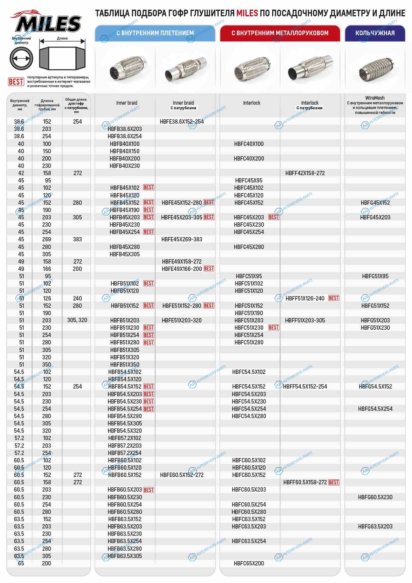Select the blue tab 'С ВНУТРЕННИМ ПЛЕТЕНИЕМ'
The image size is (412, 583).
[155, 33]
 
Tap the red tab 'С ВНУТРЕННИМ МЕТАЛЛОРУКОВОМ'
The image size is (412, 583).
[280, 33]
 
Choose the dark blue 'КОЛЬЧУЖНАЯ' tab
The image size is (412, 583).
[375, 33]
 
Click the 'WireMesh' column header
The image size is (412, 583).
[375, 98]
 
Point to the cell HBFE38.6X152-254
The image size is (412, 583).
[182, 122]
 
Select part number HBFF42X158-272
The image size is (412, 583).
[305, 173]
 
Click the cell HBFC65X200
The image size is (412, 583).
[249, 563]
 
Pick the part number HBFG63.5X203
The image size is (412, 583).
[375, 526]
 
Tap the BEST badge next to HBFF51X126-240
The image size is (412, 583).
[334, 298]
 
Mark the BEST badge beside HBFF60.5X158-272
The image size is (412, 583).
[334, 482]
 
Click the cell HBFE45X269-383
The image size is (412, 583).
[182, 239]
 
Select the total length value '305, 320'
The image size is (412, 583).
[77, 320]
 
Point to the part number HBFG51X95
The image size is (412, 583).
[375, 276]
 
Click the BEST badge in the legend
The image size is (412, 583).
[16, 82]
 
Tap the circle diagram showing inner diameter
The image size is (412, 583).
[21, 58]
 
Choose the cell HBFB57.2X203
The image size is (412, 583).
[125, 446]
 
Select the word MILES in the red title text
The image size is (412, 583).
[247, 13]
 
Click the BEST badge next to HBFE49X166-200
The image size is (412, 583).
[209, 269]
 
